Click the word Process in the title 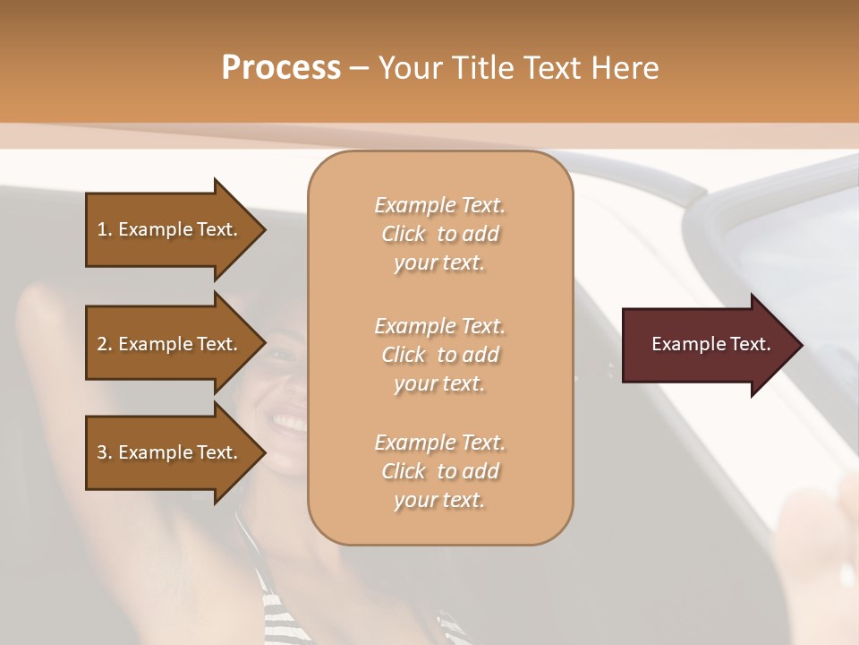(281, 68)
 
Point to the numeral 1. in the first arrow (105, 229)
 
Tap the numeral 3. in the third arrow (105, 452)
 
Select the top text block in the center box (439, 234)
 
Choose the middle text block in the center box (439, 355)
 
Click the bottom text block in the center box (439, 471)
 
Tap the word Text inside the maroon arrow (750, 345)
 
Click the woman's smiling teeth (289, 420)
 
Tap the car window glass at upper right (787, 242)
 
